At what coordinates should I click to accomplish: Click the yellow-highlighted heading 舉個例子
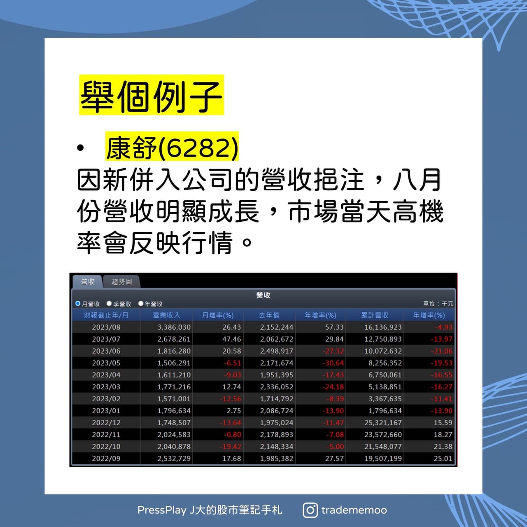pyautogui.click(x=151, y=95)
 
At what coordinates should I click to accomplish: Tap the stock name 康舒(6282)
pyautogui.click(x=172, y=148)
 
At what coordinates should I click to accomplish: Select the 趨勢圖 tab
pyautogui.click(x=121, y=282)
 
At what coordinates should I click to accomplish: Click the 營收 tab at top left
pyautogui.click(x=87, y=282)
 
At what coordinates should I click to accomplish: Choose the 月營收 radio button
pyautogui.click(x=78, y=304)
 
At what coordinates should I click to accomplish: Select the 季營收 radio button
pyautogui.click(x=109, y=304)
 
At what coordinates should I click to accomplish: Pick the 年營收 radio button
pyautogui.click(x=141, y=304)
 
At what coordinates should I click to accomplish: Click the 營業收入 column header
pyautogui.click(x=166, y=315)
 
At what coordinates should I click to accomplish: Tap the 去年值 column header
pyautogui.click(x=269, y=315)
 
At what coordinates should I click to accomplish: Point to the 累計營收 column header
pyautogui.click(x=374, y=315)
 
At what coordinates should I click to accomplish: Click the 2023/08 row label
pyautogui.click(x=106, y=327)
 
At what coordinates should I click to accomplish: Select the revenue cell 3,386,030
pyautogui.click(x=174, y=327)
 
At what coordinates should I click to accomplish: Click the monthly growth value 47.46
pyautogui.click(x=231, y=339)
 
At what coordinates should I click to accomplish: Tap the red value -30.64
pyautogui.click(x=333, y=363)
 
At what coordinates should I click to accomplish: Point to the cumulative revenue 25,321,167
pyautogui.click(x=382, y=423)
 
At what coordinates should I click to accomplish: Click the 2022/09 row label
pyautogui.click(x=106, y=459)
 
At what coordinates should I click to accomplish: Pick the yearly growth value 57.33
pyautogui.click(x=334, y=327)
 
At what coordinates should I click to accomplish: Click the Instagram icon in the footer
pyautogui.click(x=310, y=510)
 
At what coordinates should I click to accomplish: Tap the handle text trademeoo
pyautogui.click(x=354, y=510)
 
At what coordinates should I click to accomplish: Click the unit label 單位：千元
pyautogui.click(x=438, y=304)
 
